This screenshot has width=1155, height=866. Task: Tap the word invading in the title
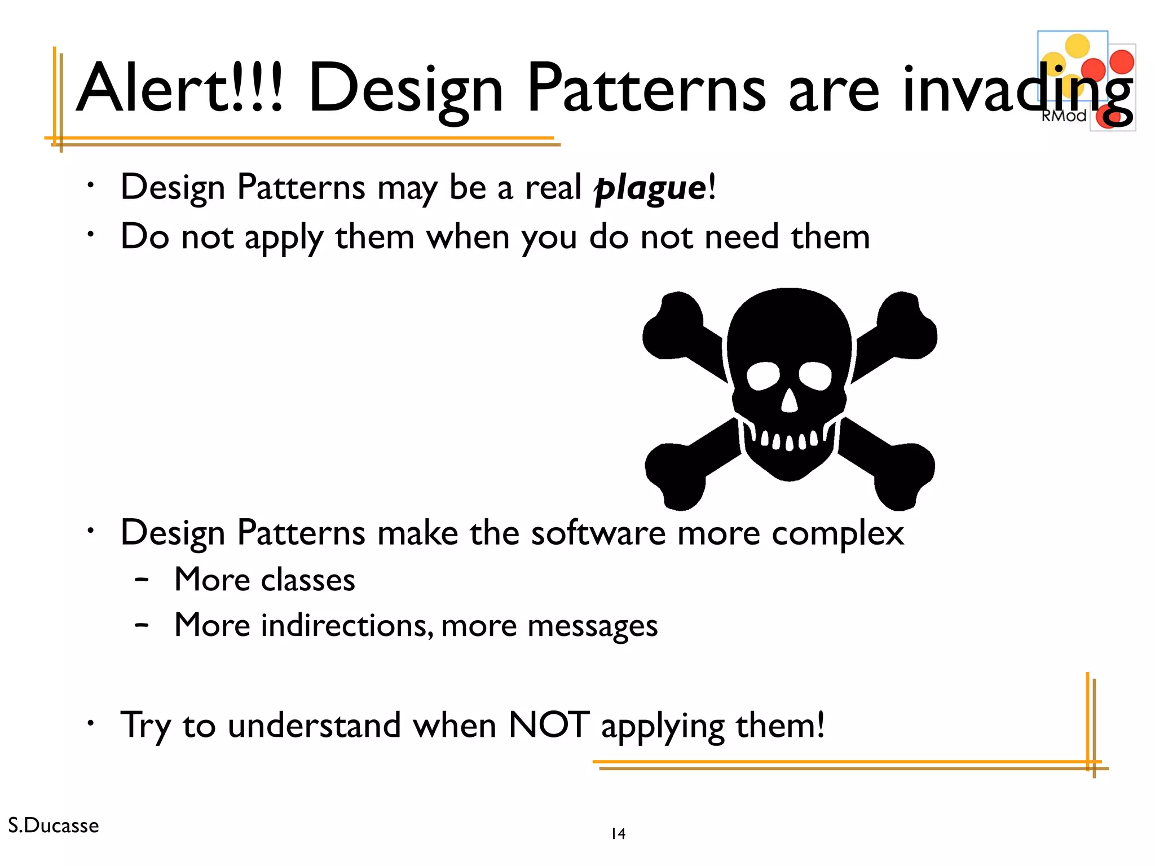[x=1015, y=90]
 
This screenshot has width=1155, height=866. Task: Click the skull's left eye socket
[x=762, y=375]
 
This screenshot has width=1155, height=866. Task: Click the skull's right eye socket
[x=815, y=375]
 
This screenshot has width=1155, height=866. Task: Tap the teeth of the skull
[x=789, y=440]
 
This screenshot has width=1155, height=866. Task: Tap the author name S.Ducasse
[x=54, y=825]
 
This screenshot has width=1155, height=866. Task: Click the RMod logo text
[x=1063, y=116]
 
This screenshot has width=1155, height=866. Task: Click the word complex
[x=837, y=533]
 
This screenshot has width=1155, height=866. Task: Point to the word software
[x=598, y=533]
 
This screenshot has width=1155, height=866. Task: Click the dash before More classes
[x=142, y=580]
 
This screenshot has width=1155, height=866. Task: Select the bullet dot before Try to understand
[x=90, y=722]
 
